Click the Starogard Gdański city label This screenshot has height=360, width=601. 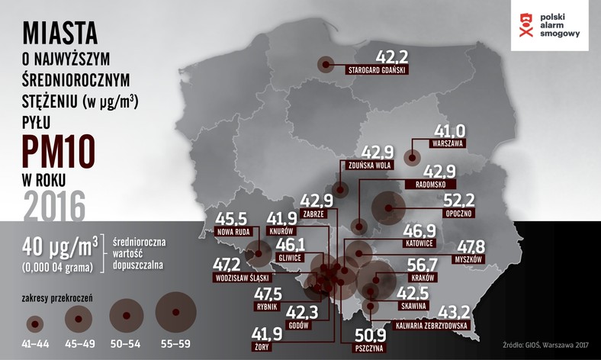(x=378, y=70)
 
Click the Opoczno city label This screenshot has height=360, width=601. (x=454, y=214)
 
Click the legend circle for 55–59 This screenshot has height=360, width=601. (x=176, y=313)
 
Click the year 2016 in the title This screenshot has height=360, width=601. (x=54, y=204)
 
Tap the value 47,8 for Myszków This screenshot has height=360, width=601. (x=471, y=247)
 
